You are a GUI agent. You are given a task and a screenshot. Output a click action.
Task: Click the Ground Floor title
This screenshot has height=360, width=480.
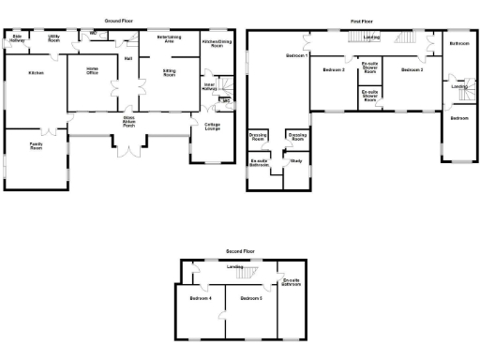[117, 20]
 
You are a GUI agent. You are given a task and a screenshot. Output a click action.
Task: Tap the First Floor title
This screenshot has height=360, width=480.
[364, 20]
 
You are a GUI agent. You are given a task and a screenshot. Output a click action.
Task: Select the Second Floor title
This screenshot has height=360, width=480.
[240, 253]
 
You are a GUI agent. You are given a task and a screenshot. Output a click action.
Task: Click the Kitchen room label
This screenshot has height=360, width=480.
[36, 72]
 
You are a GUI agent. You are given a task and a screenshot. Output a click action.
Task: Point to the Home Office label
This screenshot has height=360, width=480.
[93, 70]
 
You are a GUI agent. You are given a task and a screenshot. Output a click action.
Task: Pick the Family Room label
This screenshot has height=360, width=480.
[36, 146]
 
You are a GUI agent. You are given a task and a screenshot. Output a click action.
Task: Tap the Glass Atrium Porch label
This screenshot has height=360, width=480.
[128, 121]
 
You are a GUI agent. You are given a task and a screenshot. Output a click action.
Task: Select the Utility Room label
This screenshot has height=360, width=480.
[53, 39]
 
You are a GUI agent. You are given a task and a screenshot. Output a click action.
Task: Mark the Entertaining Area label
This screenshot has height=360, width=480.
[170, 39]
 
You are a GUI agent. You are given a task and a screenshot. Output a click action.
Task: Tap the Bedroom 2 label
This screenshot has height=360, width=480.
[333, 70]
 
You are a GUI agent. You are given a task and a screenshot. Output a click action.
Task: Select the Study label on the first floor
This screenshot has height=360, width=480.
[296, 162]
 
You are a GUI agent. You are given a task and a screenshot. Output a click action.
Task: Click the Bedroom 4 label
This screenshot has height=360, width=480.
[201, 299]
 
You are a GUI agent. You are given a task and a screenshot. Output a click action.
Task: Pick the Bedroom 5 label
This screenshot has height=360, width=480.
[250, 299]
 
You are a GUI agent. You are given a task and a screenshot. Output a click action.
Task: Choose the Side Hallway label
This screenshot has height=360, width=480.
[16, 39]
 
